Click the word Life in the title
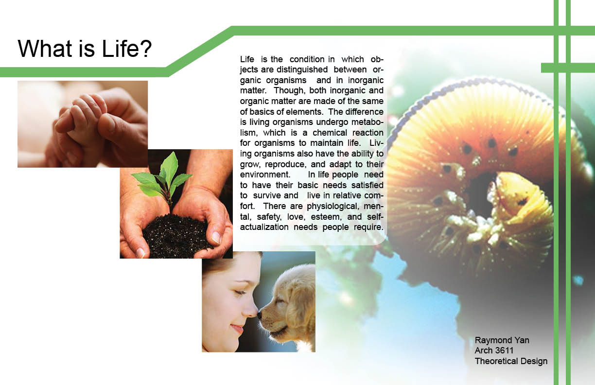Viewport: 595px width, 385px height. [x=117, y=49]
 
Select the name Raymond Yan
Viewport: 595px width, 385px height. [x=502, y=340]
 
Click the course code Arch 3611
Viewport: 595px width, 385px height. [x=494, y=350]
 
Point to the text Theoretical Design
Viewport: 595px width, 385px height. [x=511, y=361]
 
